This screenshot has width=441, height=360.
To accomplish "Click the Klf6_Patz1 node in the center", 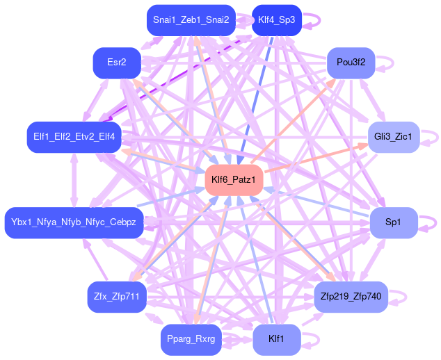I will pyautogui.click(x=234, y=180).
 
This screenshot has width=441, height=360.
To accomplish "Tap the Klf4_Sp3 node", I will pyautogui.click(x=276, y=19).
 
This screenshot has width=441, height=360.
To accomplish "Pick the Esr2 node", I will pyautogui.click(x=117, y=63).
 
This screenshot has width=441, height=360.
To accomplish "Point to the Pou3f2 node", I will pyautogui.click(x=351, y=63).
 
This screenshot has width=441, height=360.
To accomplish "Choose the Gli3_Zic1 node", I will pyautogui.click(x=393, y=136).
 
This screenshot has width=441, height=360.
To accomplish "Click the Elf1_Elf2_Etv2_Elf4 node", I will pyautogui.click(x=74, y=136).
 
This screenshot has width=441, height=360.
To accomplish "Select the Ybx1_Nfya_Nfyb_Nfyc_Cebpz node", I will pyautogui.click(x=74, y=222).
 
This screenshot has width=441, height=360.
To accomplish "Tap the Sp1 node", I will pyautogui.click(x=393, y=222).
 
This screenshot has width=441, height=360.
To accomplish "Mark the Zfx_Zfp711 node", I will pyautogui.click(x=117, y=296).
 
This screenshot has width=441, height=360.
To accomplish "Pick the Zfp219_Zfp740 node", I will pyautogui.click(x=351, y=296).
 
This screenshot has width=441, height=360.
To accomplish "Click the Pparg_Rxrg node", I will pyautogui.click(x=191, y=339).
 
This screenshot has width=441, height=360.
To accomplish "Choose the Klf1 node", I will pyautogui.click(x=276, y=339).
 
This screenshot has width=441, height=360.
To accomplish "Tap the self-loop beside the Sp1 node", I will pyautogui.click(x=432, y=222).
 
